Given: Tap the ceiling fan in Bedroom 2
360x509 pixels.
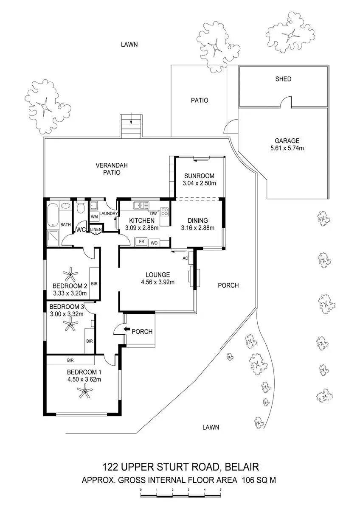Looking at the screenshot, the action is coord(70,274).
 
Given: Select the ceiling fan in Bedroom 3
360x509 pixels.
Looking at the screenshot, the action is coord(70,325).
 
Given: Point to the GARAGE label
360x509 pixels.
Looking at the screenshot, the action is coord(287,141).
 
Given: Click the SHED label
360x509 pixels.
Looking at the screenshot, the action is coord(283,79).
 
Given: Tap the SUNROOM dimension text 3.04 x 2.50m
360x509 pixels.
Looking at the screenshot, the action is coord(199,184).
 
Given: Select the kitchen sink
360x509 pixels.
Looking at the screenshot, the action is coord(141,206).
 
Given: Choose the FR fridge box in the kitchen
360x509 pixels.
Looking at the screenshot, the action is coord(141,242).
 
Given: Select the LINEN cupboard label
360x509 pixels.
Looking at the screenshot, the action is coord(96,229).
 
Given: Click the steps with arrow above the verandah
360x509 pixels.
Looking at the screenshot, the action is coord(132,126).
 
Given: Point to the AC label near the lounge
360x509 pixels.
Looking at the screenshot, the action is coord(185,258).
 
